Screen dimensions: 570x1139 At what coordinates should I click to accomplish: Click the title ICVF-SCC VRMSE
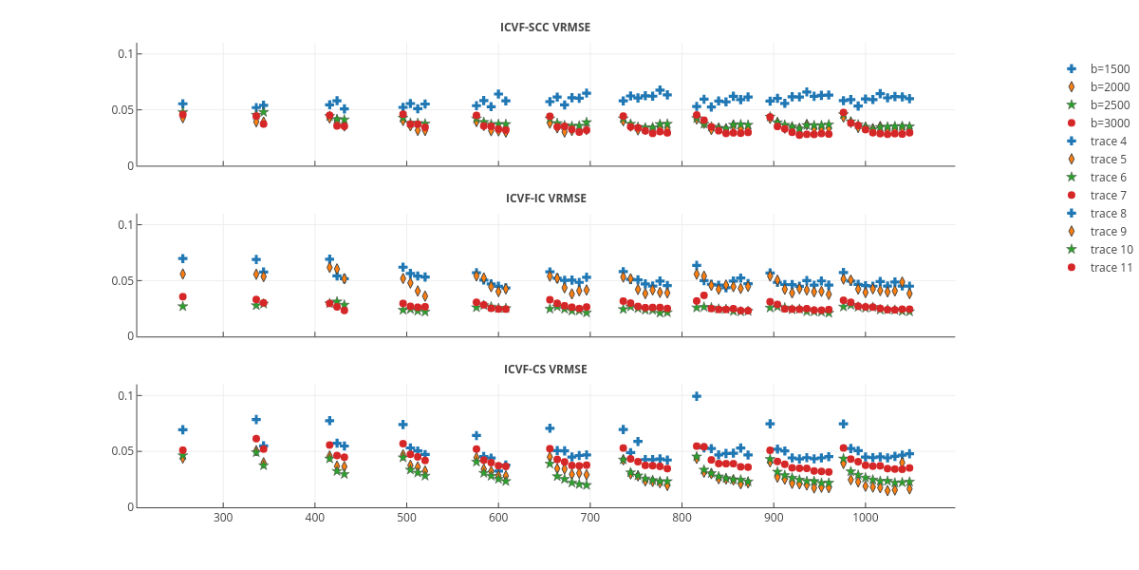545,28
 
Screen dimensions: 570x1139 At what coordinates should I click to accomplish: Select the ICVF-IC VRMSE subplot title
545,199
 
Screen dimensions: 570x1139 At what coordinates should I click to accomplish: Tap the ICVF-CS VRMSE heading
545,370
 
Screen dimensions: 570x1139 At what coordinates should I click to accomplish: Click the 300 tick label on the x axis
223,519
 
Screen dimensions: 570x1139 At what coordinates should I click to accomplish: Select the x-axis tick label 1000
866,519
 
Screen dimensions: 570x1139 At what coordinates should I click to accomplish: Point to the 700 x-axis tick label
590,519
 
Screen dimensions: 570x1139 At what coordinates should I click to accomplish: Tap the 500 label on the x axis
406,519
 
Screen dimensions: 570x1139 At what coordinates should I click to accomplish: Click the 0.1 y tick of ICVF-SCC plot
124,53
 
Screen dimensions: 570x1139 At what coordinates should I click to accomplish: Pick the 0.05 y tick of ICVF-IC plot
121,280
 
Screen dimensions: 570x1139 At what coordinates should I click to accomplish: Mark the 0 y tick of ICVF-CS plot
129,507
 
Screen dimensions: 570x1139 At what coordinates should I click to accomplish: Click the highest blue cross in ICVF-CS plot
697,396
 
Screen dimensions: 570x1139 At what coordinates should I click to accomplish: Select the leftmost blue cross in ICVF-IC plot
182,258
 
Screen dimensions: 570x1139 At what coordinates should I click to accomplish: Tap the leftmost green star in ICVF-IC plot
182,306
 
